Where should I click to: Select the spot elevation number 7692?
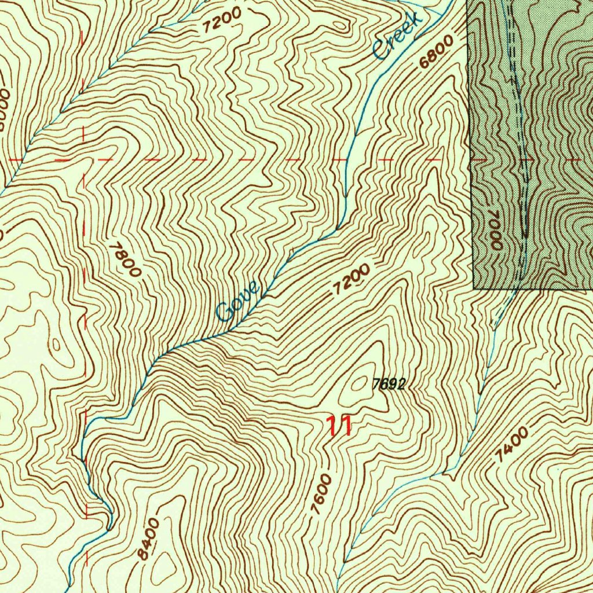388,384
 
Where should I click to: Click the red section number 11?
339,426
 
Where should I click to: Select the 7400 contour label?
511,444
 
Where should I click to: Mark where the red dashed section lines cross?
85,159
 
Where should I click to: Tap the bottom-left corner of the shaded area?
474,288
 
